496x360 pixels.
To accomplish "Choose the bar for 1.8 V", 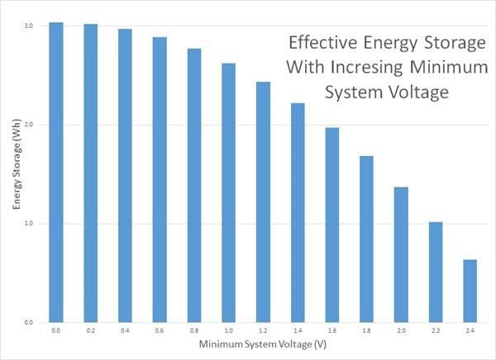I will (x=366, y=239).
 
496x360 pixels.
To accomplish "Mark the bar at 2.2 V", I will (x=435, y=272).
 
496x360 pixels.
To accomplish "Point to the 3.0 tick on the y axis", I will (x=28, y=26).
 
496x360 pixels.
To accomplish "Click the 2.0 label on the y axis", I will (x=28, y=125).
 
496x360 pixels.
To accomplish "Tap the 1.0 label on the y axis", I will (x=28, y=224).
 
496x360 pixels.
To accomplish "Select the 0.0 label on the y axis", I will (x=28, y=322).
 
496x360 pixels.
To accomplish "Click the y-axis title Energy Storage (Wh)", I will (x=14, y=173).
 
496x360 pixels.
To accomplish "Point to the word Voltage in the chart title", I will (x=419, y=91).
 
